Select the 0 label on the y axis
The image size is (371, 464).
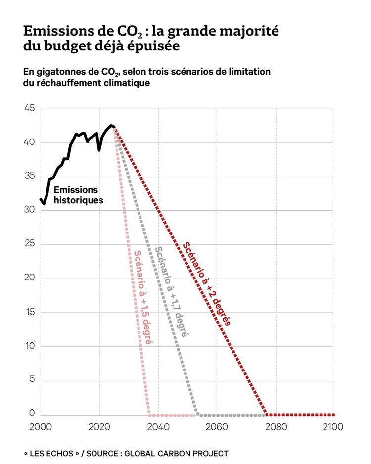[32, 413]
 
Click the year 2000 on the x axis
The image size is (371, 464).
[40, 426]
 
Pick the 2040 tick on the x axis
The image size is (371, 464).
[158, 426]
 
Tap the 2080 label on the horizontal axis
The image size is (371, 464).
[275, 426]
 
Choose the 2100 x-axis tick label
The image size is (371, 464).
[333, 426]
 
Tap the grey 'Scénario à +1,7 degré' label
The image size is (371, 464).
[171, 291]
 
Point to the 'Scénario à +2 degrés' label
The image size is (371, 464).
[207, 283]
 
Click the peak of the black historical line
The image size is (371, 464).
[112, 126]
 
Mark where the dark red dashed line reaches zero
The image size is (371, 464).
[267, 414]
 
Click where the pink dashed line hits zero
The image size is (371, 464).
[149, 414]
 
